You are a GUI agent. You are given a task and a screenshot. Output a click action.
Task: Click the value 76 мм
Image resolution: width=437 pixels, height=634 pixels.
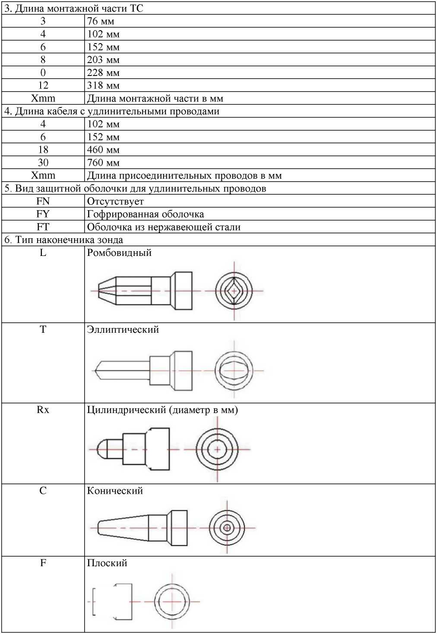pyautogui.click(x=101, y=21)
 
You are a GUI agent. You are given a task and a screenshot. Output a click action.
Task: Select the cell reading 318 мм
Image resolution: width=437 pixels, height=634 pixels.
pyautogui.click(x=103, y=85)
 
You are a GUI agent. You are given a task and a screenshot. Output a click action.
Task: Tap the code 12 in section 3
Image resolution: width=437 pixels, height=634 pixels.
pyautogui.click(x=43, y=85)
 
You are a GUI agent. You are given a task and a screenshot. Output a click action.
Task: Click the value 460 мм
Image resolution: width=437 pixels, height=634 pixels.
pyautogui.click(x=103, y=150)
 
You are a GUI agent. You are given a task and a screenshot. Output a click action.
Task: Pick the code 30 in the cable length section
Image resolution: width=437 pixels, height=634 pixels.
pyautogui.click(x=43, y=163)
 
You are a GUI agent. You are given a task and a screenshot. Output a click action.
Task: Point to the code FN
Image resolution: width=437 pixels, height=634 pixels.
pyautogui.click(x=43, y=201)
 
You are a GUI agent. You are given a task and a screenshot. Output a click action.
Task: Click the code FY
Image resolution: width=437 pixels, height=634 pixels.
pyautogui.click(x=43, y=214)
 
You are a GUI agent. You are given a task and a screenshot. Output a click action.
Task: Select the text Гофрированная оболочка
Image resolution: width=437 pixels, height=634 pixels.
pyautogui.click(x=146, y=214)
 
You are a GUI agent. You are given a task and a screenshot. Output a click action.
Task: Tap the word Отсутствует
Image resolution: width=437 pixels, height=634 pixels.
pyautogui.click(x=115, y=201)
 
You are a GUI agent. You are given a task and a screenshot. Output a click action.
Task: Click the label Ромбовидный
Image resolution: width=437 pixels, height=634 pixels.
pyautogui.click(x=119, y=253)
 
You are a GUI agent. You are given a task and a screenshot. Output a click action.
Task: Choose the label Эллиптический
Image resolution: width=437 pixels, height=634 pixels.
pyautogui.click(x=123, y=330)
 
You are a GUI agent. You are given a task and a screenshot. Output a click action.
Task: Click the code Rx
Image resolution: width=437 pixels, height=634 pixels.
pyautogui.click(x=43, y=410)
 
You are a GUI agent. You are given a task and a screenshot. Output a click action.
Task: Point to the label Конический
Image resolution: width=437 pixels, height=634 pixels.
pyautogui.click(x=115, y=491)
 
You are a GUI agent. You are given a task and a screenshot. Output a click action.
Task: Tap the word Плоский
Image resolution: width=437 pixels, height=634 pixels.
pyautogui.click(x=107, y=563)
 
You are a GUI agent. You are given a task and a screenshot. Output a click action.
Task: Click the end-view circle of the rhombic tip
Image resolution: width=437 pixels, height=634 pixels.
pyautogui.click(x=234, y=291)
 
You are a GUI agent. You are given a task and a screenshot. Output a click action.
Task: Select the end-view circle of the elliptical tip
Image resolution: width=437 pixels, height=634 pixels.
pyautogui.click(x=234, y=370)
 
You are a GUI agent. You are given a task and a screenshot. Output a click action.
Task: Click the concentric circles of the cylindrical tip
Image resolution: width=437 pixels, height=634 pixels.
pyautogui.click(x=217, y=449)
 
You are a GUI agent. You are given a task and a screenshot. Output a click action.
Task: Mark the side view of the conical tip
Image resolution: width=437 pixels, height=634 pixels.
pyautogui.click(x=142, y=528)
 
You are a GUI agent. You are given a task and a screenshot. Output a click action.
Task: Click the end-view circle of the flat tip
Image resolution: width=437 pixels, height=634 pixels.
pyautogui.click(x=172, y=601)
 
